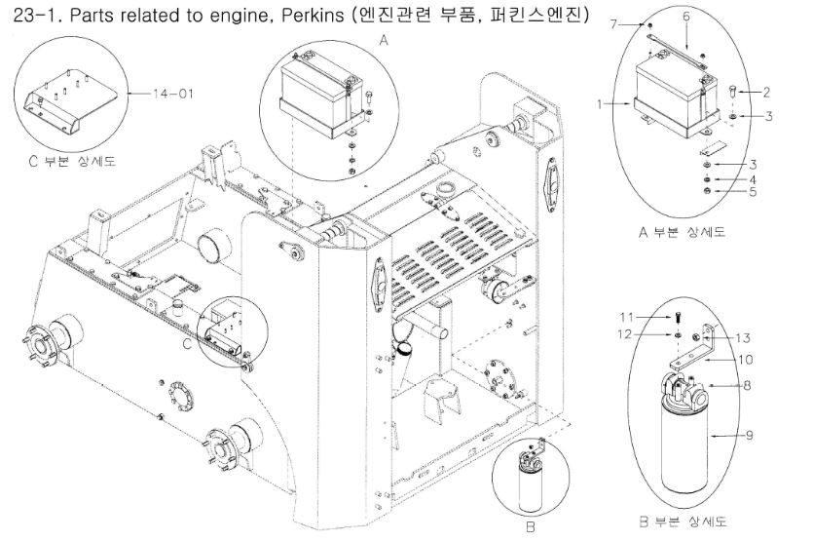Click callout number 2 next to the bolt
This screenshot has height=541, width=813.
coord(767,93)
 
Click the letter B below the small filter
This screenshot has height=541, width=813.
coord(531,528)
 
